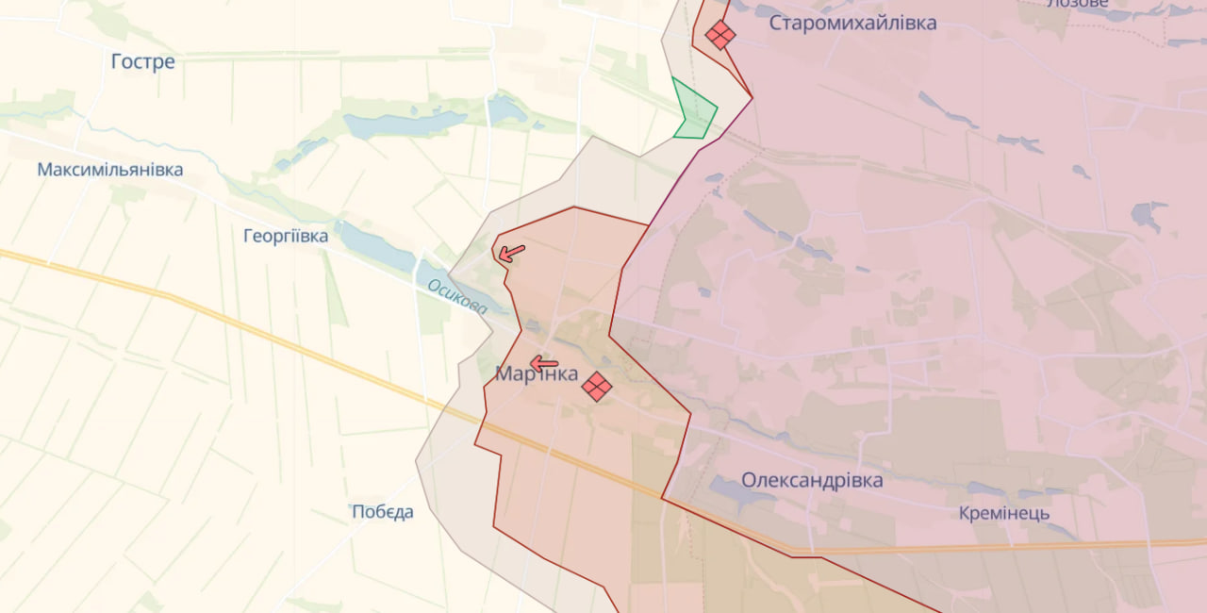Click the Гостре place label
(142, 62)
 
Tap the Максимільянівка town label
(110, 170)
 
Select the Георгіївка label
(286, 236)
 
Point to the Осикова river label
(456, 296)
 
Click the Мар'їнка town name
(537, 374)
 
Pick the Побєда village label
(382, 512)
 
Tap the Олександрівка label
(812, 480)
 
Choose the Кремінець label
(1003, 513)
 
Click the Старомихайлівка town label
(852, 23)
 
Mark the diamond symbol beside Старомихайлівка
(720, 35)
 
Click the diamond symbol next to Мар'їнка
(596, 386)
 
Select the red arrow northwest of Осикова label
(511, 253)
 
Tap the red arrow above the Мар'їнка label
(543, 363)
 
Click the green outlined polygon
(695, 111)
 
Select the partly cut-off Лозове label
(1077, 4)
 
